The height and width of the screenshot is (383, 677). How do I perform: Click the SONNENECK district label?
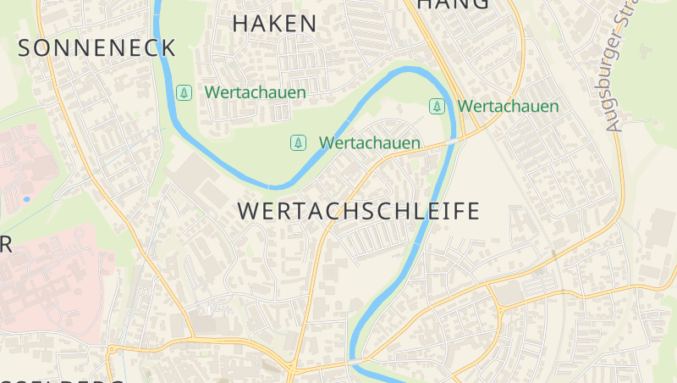[96, 47]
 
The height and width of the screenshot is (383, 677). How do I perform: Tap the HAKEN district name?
[274, 24]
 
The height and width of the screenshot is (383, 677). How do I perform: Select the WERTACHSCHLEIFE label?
[360, 211]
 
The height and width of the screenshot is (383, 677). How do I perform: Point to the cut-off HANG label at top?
[454, 4]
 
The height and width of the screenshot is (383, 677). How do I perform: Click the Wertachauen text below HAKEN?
[255, 92]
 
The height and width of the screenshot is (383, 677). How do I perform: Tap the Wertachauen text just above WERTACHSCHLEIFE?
[369, 143]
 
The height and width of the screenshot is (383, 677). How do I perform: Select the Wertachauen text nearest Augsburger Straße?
[508, 107]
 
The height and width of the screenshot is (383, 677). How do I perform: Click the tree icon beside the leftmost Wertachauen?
[184, 92]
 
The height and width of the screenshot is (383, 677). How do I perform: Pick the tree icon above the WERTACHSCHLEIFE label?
[298, 142]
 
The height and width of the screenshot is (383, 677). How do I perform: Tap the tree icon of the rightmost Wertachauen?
[437, 106]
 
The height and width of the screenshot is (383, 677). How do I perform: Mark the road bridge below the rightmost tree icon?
[454, 139]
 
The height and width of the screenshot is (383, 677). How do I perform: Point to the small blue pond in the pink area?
[27, 199]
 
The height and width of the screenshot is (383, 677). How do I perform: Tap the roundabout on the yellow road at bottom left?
[111, 349]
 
